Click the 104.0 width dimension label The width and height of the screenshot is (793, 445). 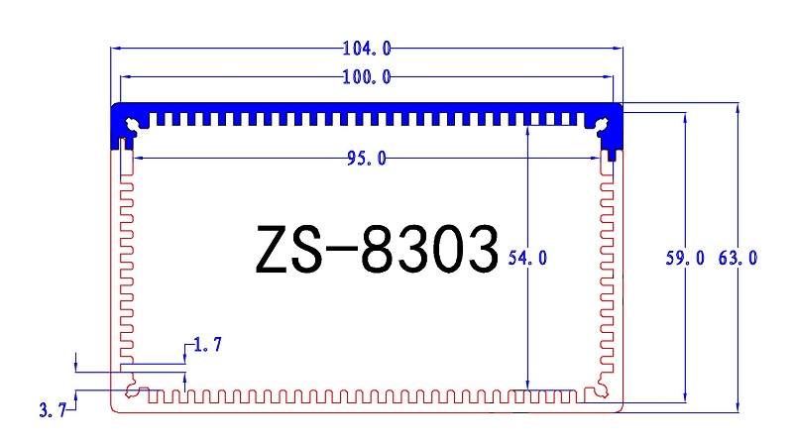367,47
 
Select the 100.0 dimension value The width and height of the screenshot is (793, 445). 367,76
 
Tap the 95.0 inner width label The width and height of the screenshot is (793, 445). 367,160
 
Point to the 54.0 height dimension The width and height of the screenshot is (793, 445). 527,258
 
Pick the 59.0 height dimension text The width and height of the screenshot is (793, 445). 685,258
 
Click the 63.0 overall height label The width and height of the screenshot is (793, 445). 737,258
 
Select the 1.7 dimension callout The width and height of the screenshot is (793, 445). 207,345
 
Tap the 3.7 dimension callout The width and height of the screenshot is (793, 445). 52,409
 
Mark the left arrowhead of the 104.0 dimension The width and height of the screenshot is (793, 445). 114,47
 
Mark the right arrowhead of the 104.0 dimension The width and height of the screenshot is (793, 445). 619,47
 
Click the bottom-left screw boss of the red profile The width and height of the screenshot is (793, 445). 133,390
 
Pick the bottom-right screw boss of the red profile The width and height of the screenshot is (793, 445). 602,390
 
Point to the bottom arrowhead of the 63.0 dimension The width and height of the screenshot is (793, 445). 737,407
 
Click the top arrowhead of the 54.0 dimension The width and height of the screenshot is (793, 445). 527,130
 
